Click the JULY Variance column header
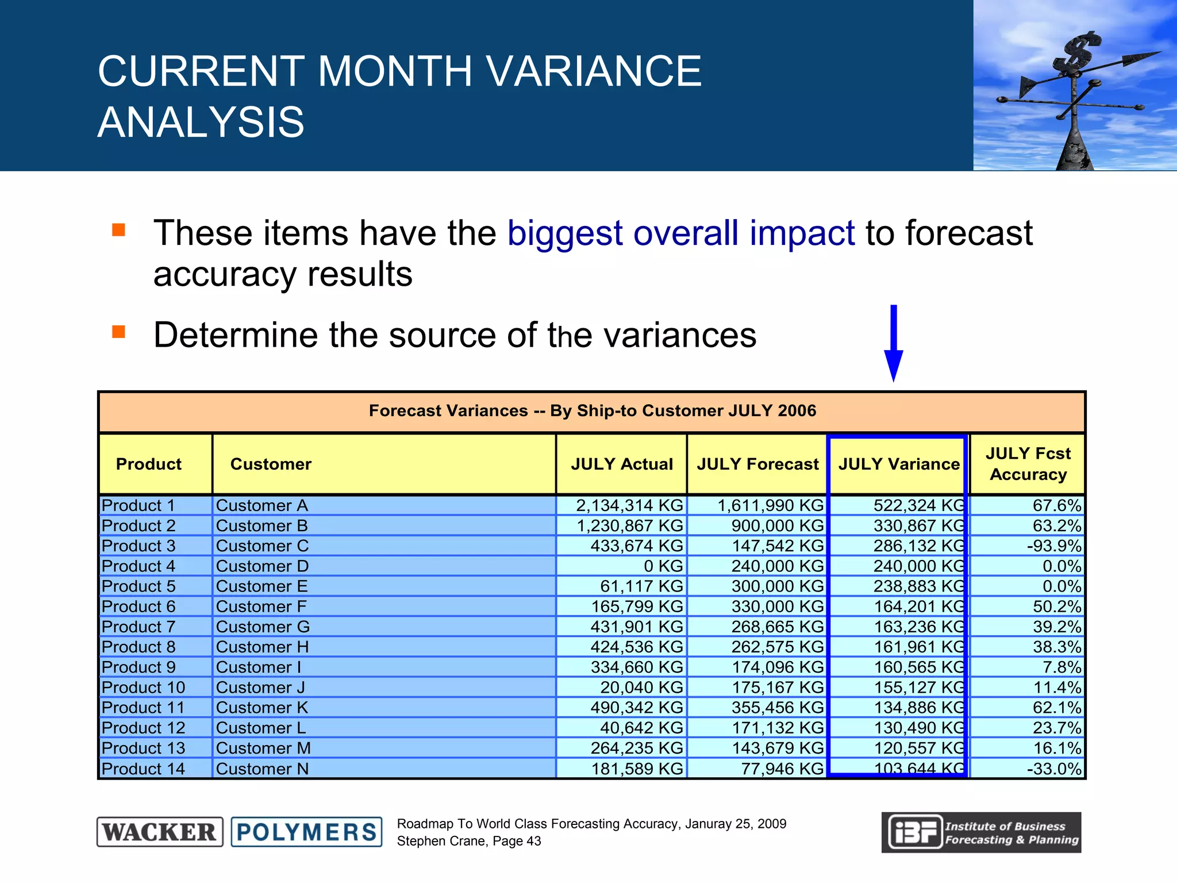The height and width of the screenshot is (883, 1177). [898, 464]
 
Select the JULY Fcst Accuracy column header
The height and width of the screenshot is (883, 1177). [1028, 464]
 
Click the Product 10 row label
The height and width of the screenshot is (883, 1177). [143, 688]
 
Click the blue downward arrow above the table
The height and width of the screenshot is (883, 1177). [893, 345]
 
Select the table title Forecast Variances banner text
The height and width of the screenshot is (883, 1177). [592, 411]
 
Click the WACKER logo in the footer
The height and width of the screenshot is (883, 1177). [160, 832]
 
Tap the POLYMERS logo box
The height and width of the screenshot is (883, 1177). [306, 832]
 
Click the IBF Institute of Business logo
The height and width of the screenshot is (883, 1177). [981, 832]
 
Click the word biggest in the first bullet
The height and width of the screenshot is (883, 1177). [565, 233]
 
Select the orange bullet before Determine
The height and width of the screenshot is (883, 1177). [119, 332]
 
